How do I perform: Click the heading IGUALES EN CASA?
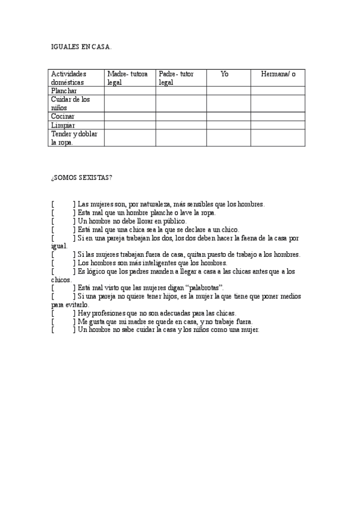coord(81,46)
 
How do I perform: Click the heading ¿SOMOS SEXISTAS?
coord(81,177)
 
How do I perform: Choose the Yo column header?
coord(225,73)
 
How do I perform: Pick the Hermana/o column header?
coord(278,73)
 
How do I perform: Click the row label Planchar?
coord(64,91)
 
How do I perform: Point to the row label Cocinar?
coord(63,116)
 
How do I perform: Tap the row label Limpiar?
coord(63,125)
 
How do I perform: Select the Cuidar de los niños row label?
coord(70,103)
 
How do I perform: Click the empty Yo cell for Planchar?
coord(228,91)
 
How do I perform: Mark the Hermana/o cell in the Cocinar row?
coord(278,116)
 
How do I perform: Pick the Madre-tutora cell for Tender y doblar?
coord(130,138)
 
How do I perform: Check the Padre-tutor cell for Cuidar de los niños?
coord(181,103)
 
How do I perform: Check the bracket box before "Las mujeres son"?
coord(63,204)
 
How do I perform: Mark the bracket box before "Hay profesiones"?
coord(63,313)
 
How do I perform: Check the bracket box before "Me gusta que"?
coord(63,322)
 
